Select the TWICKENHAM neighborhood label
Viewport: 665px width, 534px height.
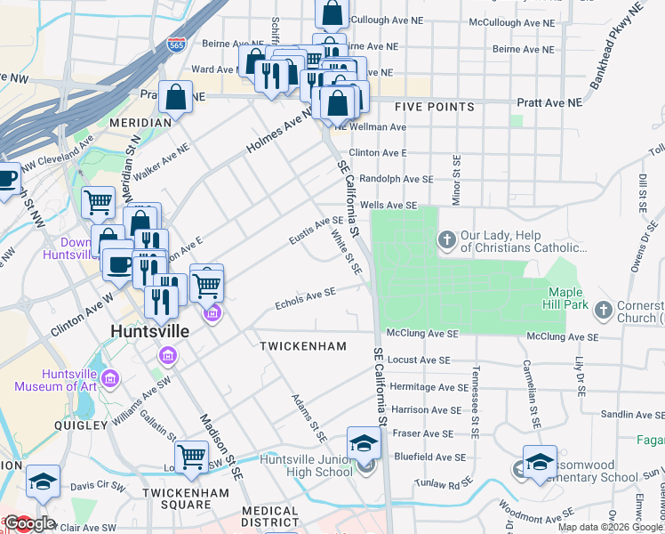tap(301, 344)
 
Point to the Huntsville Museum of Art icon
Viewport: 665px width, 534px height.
tap(110, 380)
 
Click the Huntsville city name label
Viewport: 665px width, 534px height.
tap(149, 330)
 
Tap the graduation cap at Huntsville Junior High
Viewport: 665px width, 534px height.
tap(364, 443)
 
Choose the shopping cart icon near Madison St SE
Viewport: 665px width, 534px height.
tap(191, 456)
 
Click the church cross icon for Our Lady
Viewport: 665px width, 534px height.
tap(446, 239)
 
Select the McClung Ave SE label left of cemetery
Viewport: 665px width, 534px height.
tap(429, 333)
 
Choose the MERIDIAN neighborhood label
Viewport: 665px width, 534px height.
tap(140, 122)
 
